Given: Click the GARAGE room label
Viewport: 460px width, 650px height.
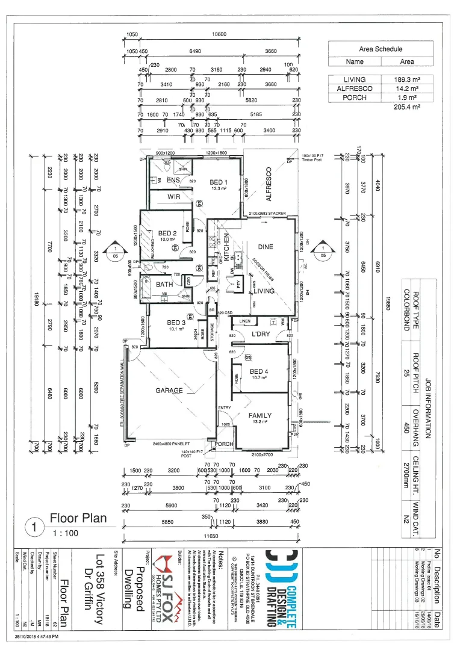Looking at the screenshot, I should click(169, 391).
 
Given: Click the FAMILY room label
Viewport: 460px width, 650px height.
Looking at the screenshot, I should click(260, 415).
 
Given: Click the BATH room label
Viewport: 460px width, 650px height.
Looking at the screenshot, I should click(164, 284).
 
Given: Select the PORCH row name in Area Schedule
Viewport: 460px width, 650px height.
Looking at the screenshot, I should click(355, 97).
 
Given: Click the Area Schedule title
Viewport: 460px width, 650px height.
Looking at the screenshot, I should click(381, 49).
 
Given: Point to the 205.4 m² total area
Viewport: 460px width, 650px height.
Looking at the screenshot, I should click(406, 107).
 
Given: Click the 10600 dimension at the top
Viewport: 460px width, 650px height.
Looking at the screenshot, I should click(219, 34).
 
